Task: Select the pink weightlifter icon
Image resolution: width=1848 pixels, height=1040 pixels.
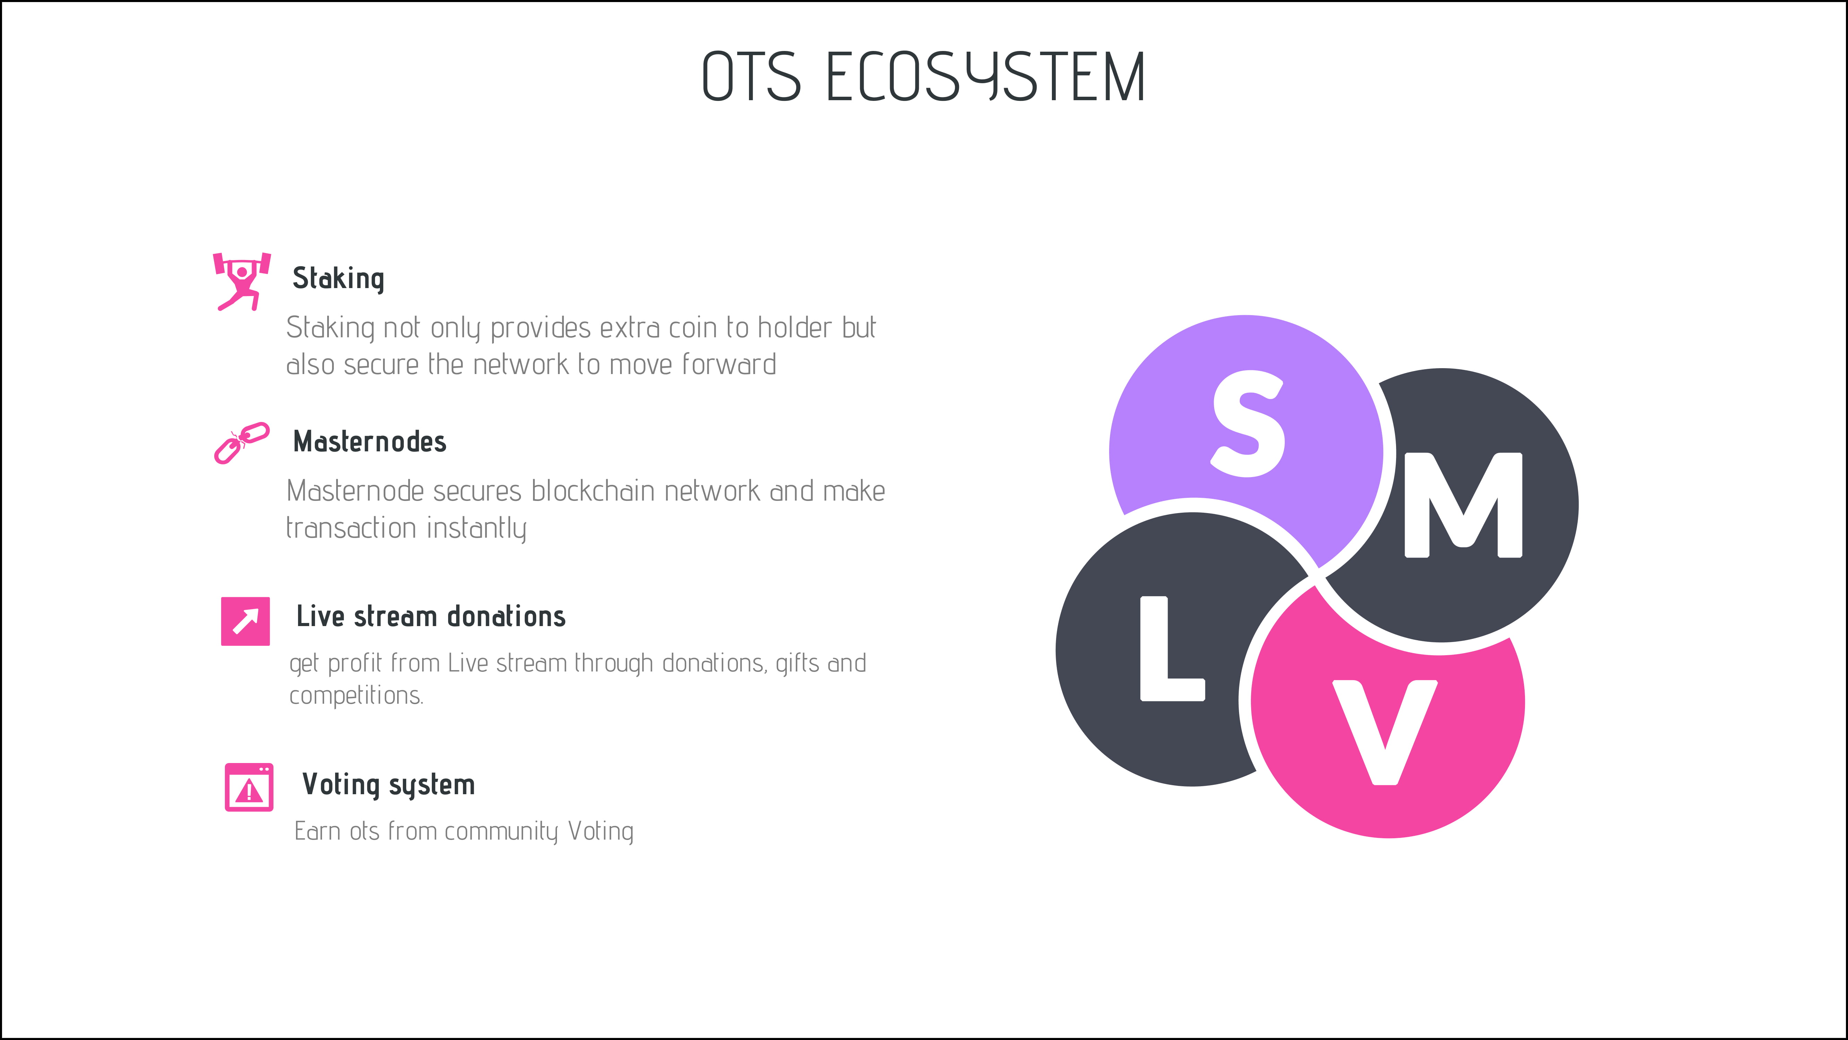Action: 242,281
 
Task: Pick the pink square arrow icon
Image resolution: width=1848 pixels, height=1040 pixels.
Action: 245,621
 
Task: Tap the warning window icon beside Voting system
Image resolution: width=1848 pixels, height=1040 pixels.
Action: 249,787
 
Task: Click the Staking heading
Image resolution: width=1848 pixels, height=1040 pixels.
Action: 339,278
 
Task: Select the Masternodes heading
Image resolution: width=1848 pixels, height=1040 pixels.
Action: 369,441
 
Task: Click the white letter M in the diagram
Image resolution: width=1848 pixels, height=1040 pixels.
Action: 1464,504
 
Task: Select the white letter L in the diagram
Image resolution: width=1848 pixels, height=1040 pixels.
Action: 1172,648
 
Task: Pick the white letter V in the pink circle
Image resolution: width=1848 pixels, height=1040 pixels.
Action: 1385,732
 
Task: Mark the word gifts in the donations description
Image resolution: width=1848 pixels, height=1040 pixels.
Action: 798,663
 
